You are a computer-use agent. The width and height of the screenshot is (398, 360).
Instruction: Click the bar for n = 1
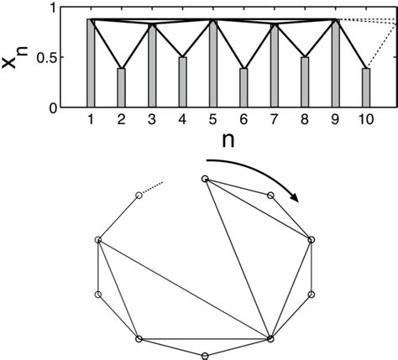click(91, 64)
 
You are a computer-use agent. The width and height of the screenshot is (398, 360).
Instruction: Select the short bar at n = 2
click(121, 88)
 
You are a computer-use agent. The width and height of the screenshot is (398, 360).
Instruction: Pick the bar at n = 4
click(182, 82)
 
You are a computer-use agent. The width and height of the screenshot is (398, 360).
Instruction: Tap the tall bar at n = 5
click(213, 64)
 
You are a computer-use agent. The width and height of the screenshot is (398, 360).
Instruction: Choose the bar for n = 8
click(305, 82)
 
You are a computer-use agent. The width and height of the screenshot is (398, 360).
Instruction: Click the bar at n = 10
click(366, 88)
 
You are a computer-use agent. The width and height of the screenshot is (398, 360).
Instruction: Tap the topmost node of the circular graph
click(204, 178)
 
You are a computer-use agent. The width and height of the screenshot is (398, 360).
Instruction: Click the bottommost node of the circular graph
click(204, 355)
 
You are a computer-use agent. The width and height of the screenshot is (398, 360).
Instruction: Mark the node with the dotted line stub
click(139, 195)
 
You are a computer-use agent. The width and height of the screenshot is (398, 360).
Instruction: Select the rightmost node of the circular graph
click(312, 240)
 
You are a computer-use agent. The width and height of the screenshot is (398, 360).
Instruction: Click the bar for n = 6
click(244, 88)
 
